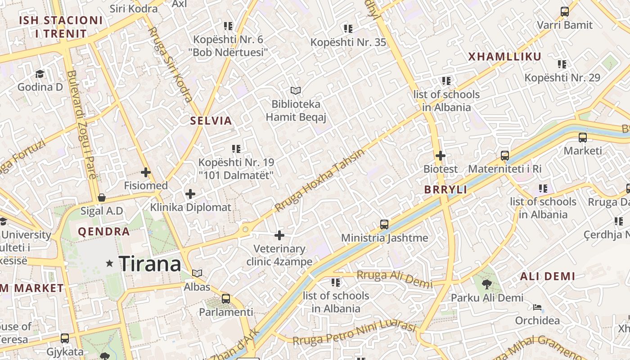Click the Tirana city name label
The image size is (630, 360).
coord(150,264)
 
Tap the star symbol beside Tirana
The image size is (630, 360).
coord(109,263)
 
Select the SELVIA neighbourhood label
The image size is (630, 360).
coord(211,121)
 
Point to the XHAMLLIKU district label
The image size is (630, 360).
coord(504,57)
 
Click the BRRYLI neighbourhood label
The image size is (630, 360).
coord(445,189)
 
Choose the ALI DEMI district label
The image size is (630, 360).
coord(548,276)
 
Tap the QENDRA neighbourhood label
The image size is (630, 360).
coord(104,232)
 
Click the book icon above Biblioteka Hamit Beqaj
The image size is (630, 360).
coord(296,90)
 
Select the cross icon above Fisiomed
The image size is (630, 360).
coord(146,172)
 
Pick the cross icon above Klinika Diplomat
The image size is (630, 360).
coord(190,194)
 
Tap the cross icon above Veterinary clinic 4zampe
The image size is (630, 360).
coord(279,235)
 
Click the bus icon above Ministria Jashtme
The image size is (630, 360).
coord(384,224)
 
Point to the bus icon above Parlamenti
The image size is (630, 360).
coord(226,298)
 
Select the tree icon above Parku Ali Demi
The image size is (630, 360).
coord(486,284)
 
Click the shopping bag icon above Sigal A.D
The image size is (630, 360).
coord(102,198)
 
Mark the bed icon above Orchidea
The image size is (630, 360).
coord(537,307)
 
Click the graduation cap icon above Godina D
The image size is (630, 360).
coord(40,73)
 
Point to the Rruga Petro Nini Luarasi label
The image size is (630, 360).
coord(354,333)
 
